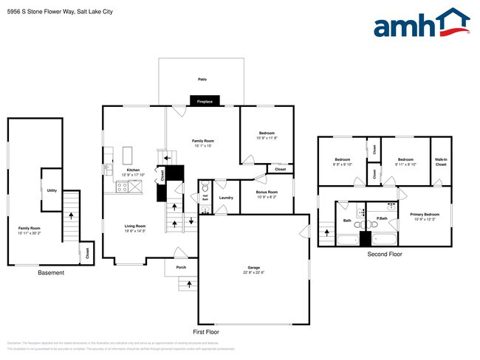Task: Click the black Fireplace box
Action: tap(205, 102)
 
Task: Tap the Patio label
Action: tap(202, 79)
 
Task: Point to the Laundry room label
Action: tap(226, 197)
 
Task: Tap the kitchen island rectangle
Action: tap(126, 155)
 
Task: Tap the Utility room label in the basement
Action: tap(52, 190)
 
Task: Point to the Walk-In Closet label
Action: tap(440, 162)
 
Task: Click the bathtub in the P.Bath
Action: tap(384, 239)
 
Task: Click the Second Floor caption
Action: tap(385, 255)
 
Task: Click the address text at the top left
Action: tap(53, 10)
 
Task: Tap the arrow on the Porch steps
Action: tap(190, 283)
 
